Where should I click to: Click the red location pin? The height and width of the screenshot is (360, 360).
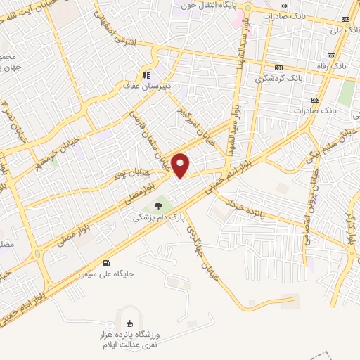181,165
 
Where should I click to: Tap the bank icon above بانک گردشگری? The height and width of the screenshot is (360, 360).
279,67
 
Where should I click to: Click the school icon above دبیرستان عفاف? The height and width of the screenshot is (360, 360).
146,75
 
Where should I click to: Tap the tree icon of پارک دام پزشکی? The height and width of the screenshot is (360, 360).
158,206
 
